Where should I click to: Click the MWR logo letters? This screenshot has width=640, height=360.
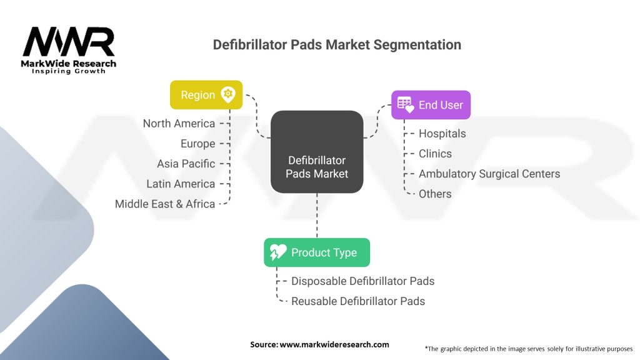pyautogui.click(x=69, y=42)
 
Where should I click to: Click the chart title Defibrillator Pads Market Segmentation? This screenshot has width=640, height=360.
pyautogui.click(x=337, y=45)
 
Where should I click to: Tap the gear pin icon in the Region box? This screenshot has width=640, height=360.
pyautogui.click(x=228, y=94)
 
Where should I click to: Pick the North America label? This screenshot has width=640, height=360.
pyautogui.click(x=179, y=124)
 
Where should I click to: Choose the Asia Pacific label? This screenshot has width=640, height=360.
pyautogui.click(x=186, y=164)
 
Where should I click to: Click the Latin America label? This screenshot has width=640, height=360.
pyautogui.click(x=181, y=184)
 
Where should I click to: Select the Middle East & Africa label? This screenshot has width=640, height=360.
pyautogui.click(x=165, y=204)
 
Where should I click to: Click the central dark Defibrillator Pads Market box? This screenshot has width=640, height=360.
pyautogui.click(x=317, y=152)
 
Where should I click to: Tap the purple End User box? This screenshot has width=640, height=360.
pyautogui.click(x=431, y=105)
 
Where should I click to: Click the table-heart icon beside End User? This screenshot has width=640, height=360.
pyautogui.click(x=405, y=105)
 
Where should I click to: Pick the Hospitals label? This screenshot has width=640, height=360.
pyautogui.click(x=442, y=134)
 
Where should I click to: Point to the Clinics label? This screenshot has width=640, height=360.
pyautogui.click(x=435, y=154)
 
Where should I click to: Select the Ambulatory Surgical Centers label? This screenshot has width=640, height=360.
pyautogui.click(x=489, y=174)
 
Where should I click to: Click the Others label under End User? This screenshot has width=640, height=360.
pyautogui.click(x=435, y=194)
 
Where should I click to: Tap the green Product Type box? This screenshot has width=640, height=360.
pyautogui.click(x=316, y=252)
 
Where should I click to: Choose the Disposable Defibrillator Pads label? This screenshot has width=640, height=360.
pyautogui.click(x=362, y=281)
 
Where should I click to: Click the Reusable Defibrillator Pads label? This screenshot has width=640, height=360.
pyautogui.click(x=358, y=301)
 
